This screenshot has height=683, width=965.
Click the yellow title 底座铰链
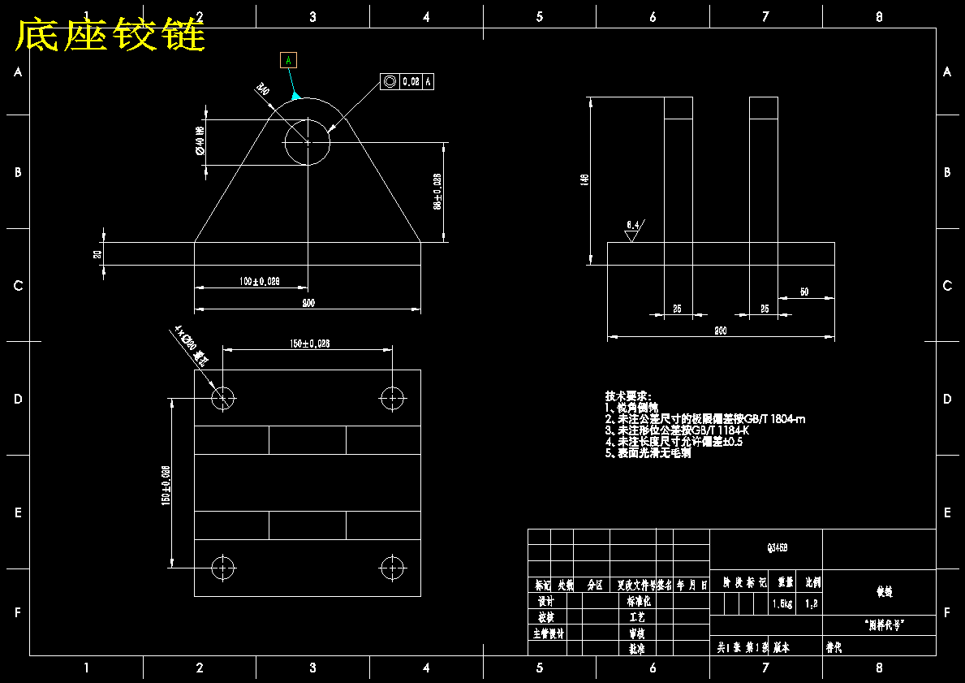(110, 35)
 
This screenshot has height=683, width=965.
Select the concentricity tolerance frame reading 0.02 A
(407, 81)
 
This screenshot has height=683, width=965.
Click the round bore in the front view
(308, 142)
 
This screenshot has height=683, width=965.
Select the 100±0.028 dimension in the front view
(259, 281)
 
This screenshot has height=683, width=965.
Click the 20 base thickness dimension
(98, 254)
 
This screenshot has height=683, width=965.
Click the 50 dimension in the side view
(803, 292)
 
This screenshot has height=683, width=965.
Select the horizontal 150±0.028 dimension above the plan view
(309, 344)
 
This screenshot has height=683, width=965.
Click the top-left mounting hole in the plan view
(223, 398)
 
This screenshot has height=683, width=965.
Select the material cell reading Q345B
(766, 548)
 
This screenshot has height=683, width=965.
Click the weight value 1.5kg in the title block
(782, 604)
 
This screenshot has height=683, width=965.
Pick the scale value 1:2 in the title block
(811, 604)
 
